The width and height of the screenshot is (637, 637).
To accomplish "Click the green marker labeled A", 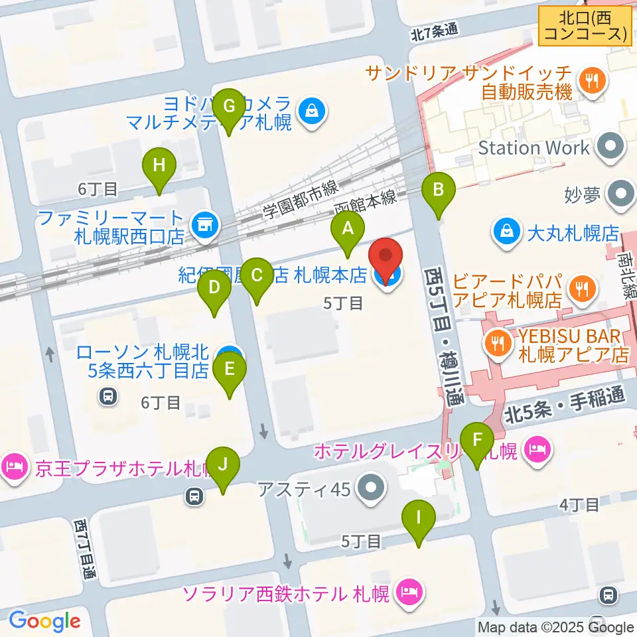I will coord(348,230).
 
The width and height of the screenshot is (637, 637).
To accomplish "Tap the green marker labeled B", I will coord(438,191).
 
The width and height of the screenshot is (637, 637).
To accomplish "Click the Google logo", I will coord(44,621).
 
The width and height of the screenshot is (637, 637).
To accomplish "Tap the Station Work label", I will coord(534,147).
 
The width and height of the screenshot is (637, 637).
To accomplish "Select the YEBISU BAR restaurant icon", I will coord(496,342).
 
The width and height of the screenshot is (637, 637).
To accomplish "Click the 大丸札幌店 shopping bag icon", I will coord(507,232).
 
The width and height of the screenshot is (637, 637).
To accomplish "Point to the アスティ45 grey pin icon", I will coord(370,490).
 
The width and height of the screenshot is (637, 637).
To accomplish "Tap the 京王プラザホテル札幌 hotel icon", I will coord(13,468).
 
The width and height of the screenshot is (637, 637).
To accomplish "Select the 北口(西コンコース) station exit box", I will coord(583,26).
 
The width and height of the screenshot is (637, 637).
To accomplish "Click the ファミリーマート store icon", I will coord(204,226).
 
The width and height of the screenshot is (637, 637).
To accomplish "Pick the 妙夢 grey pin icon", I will coord(622,195).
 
